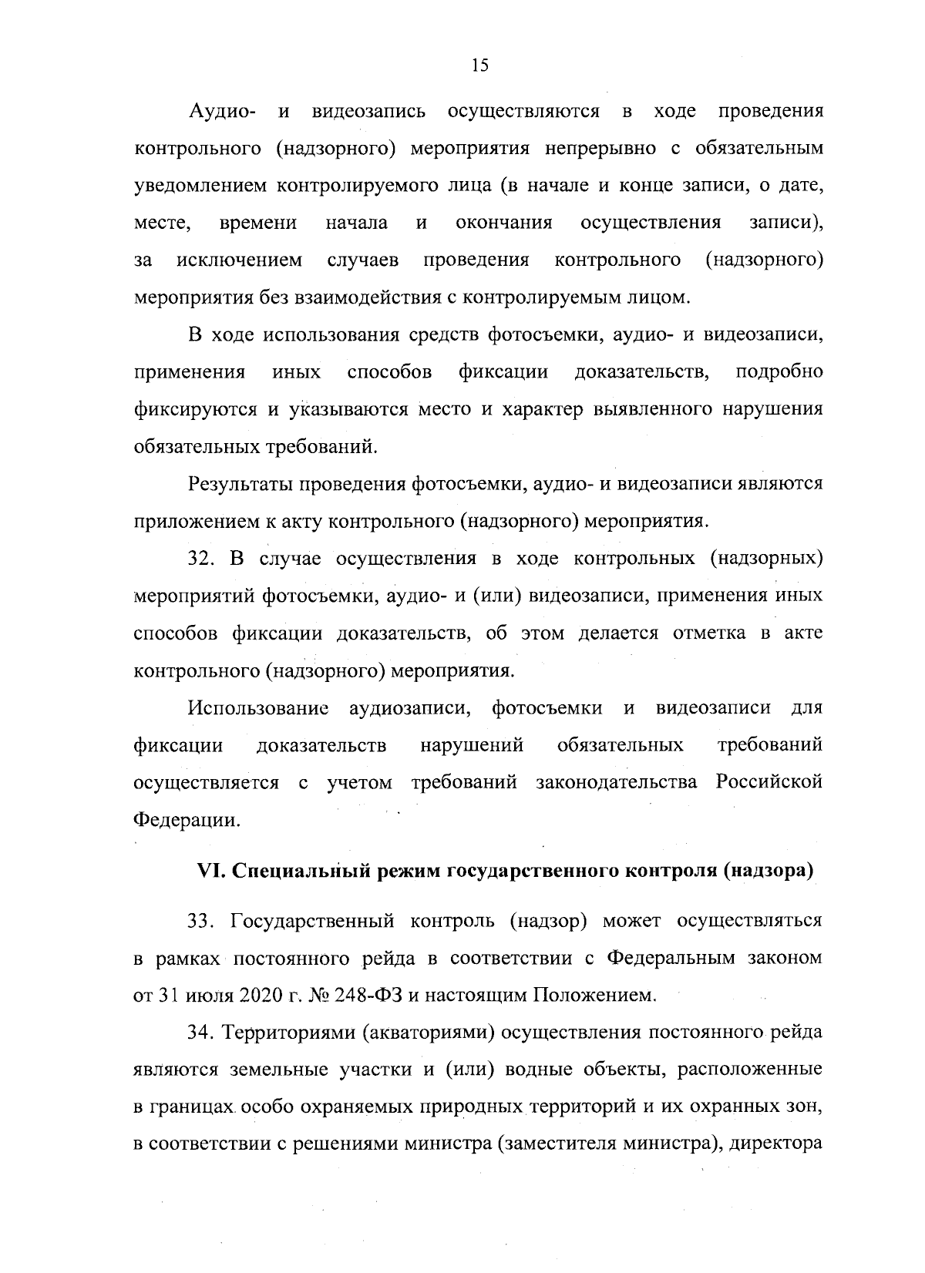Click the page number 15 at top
click(x=479, y=65)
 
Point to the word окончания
click(x=504, y=223)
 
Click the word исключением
click(x=240, y=260)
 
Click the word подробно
click(x=779, y=372)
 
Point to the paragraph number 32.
click(x=200, y=559)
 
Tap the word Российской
click(x=769, y=783)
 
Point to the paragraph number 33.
click(x=201, y=921)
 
